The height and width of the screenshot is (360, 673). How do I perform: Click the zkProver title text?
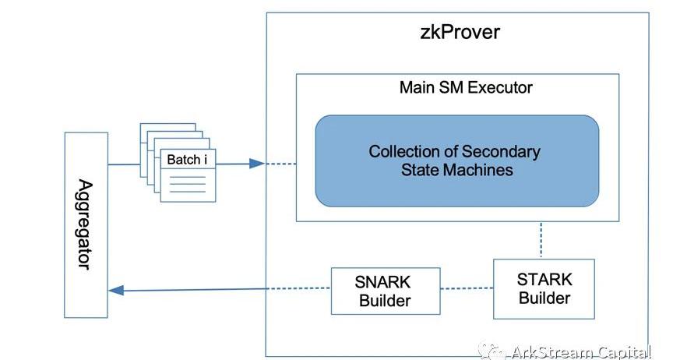[x=455, y=34]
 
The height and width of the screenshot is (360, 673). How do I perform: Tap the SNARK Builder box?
[x=385, y=291]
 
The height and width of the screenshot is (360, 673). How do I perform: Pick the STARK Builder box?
[x=544, y=288]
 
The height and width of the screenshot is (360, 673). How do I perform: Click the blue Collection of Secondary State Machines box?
[x=457, y=161]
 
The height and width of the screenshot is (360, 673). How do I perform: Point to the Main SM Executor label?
[x=466, y=87]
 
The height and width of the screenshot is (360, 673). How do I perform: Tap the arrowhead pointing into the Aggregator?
[x=117, y=290]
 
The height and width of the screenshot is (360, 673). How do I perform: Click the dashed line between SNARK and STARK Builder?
[x=466, y=288]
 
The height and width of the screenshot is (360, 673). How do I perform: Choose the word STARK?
[x=544, y=280]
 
